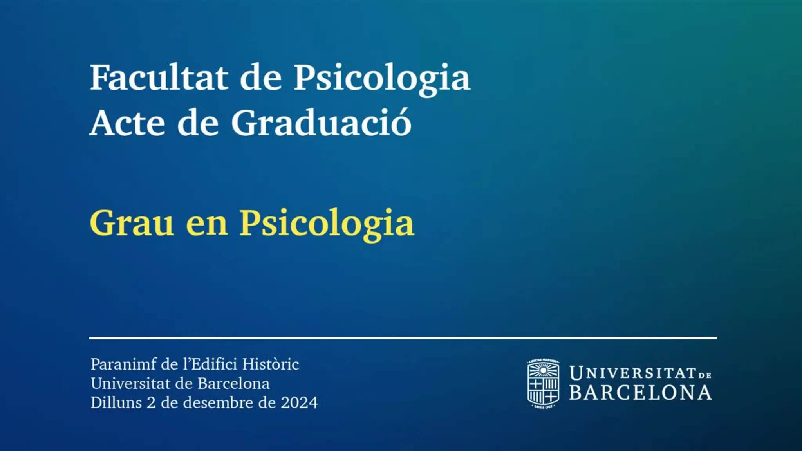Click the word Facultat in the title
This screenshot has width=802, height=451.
(159, 78)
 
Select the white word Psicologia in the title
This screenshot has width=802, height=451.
(382, 80)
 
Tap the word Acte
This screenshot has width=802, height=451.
(128, 123)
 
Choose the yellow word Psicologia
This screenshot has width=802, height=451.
(327, 225)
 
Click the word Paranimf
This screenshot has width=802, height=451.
(123, 364)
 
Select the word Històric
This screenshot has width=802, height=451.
(271, 364)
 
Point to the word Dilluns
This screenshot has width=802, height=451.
(116, 402)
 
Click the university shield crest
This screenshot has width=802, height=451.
(543, 384)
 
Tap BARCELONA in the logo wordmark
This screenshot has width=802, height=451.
(640, 393)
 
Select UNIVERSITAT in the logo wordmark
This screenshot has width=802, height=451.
(633, 373)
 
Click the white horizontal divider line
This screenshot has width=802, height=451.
(403, 337)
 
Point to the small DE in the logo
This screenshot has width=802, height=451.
(704, 375)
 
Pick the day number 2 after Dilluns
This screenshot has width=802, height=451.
(151, 403)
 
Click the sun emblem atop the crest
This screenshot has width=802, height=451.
(543, 370)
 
